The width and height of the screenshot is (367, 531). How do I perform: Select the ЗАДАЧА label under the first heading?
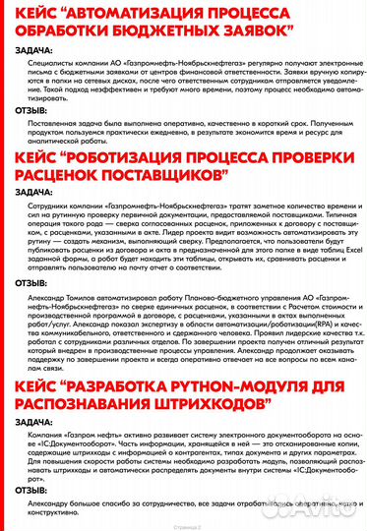pos(35,53)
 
